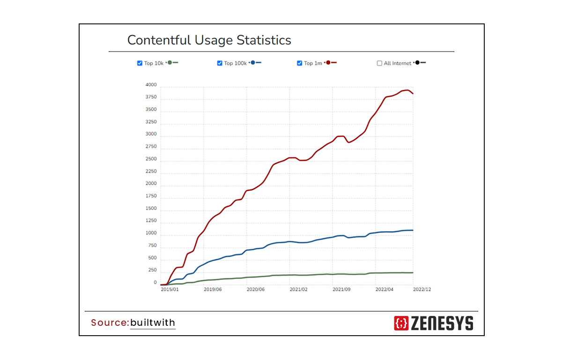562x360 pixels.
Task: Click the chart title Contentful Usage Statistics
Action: click(x=209, y=40)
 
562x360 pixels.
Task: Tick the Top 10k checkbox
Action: click(x=140, y=63)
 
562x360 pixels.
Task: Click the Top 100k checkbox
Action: click(x=220, y=63)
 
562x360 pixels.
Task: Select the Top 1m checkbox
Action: click(x=300, y=63)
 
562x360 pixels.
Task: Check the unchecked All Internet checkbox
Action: click(x=380, y=63)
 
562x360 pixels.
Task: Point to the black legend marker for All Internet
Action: click(x=418, y=62)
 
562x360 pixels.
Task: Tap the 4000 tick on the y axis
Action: click(x=151, y=85)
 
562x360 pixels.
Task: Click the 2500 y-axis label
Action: click(x=151, y=159)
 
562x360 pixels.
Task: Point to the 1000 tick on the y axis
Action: click(x=151, y=233)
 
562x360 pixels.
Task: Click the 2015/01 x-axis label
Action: click(x=170, y=290)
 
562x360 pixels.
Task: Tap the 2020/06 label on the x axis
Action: click(x=256, y=290)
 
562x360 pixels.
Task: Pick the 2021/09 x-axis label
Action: click(x=341, y=290)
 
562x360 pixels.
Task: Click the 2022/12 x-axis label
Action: click(x=422, y=290)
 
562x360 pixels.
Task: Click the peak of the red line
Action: click(x=408, y=90)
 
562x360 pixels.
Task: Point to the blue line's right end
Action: click(x=413, y=230)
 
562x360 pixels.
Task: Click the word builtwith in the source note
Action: click(x=153, y=322)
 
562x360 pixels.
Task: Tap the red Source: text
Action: click(x=110, y=322)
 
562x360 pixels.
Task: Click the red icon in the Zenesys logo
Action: click(x=401, y=323)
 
